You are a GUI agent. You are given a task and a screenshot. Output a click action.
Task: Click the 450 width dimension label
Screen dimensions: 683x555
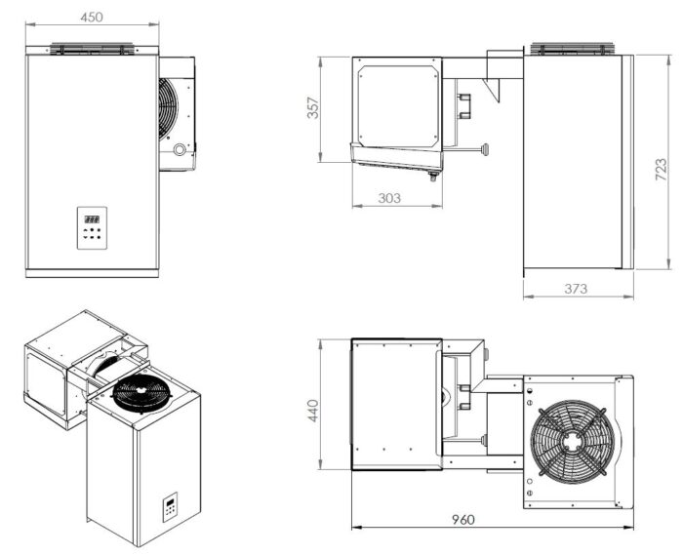tap(92, 17)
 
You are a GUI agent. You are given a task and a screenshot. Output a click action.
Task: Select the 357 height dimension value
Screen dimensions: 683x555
tap(313, 108)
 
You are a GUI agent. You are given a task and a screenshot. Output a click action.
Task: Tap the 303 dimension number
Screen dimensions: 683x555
tap(389, 198)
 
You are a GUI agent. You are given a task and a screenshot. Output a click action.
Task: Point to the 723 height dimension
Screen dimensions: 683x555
tap(661, 170)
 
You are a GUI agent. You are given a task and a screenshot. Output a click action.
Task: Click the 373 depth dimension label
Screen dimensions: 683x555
tap(576, 288)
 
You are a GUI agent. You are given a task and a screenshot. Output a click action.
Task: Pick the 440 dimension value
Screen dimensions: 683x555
tap(313, 411)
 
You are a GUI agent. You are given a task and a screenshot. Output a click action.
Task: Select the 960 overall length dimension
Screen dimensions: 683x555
tap(463, 520)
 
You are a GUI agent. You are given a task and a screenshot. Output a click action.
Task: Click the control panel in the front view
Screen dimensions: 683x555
tap(92, 228)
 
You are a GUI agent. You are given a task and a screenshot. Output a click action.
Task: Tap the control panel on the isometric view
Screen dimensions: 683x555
tap(171, 507)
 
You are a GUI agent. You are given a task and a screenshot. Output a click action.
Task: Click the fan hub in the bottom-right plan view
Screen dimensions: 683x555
tap(570, 442)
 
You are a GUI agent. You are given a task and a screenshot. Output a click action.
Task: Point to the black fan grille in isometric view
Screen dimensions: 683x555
tap(141, 393)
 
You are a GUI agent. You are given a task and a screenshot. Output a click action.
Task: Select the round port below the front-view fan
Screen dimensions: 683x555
tap(179, 150)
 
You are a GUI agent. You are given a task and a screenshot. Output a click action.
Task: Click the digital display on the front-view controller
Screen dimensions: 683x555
tap(92, 219)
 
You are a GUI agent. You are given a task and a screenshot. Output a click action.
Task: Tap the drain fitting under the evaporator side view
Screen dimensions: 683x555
tap(433, 176)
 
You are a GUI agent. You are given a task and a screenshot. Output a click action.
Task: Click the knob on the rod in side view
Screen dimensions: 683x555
tap(485, 150)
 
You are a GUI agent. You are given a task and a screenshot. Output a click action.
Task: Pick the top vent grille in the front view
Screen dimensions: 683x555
tap(92, 49)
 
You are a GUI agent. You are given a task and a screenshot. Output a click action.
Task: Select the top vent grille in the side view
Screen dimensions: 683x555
tap(573, 49)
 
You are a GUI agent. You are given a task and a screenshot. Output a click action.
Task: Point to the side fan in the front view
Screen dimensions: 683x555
tap(168, 109)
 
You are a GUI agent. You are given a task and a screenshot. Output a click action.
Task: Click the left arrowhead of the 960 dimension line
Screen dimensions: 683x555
tap(356, 528)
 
